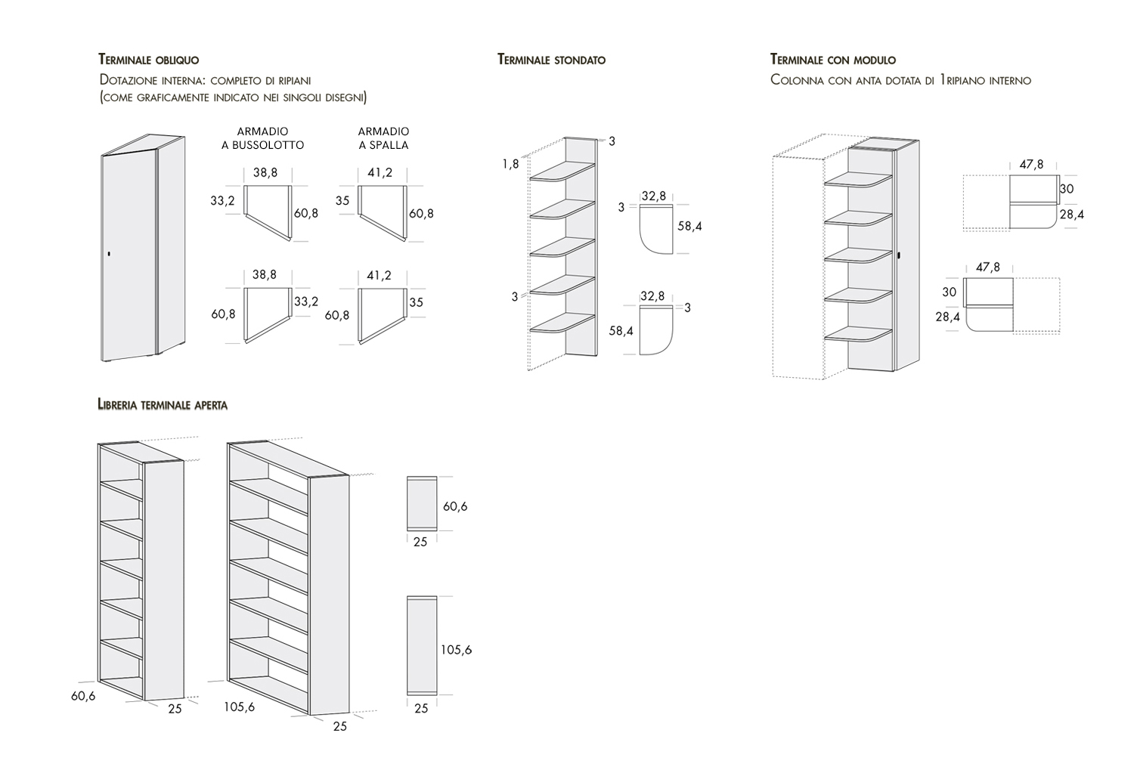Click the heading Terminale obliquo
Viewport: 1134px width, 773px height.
[148, 60]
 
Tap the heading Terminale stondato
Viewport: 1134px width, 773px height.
[551, 60]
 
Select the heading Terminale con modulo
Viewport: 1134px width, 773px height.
[832, 60]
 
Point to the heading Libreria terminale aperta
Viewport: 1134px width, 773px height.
[163, 405]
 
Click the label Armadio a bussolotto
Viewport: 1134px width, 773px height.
[262, 138]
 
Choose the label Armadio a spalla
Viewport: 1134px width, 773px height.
[383, 138]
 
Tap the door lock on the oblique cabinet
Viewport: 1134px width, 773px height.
[109, 253]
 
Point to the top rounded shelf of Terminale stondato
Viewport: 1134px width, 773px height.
[562, 172]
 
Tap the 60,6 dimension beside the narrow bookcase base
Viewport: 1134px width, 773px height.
[83, 696]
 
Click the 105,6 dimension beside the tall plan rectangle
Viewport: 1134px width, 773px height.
[457, 649]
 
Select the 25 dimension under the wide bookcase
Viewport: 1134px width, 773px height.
[340, 725]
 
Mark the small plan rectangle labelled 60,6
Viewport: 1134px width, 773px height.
[421, 503]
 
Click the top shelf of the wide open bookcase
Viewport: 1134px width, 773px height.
[269, 480]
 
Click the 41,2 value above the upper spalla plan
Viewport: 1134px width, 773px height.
[380, 173]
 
